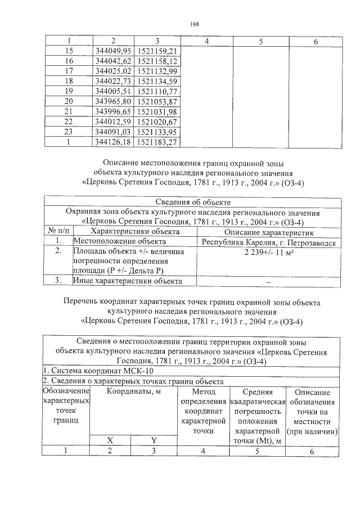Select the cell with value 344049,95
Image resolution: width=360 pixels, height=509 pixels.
113,51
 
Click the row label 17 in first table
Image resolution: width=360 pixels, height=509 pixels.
69,71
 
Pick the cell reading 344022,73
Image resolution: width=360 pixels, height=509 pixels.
113,81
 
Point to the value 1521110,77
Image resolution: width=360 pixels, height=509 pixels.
157,91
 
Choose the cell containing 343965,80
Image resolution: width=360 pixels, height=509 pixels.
113,101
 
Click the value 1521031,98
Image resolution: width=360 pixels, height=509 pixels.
157,111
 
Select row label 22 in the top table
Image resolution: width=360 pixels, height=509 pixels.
69,121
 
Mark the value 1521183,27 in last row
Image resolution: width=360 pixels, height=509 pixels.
157,142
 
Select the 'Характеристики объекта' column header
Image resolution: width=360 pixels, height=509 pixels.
135,231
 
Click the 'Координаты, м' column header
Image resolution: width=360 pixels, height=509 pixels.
134,391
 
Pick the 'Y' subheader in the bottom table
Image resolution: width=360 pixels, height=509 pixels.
154,439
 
